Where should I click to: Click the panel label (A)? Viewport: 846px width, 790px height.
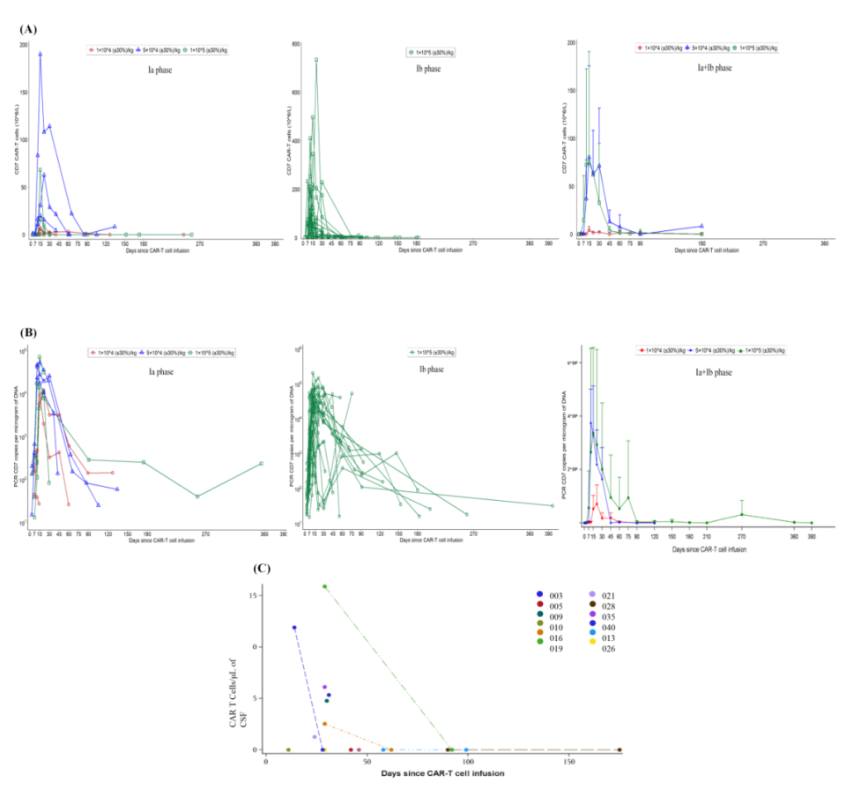[x=27, y=29]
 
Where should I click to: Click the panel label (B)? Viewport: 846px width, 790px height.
[x=27, y=334]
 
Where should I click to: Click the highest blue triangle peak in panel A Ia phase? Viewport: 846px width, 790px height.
[x=40, y=54]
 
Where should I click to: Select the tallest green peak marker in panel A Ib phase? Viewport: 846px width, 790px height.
[x=315, y=60]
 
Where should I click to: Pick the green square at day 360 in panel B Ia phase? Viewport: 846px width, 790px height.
[x=261, y=464]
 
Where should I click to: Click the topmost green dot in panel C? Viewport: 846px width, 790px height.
[x=325, y=586]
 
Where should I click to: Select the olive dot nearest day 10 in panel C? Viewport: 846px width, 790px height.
[x=287, y=749]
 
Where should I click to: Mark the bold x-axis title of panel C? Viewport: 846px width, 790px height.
[x=443, y=773]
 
